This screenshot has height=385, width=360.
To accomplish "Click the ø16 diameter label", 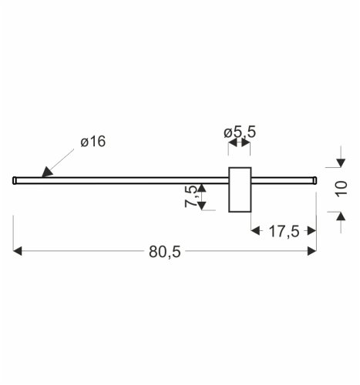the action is [x=93, y=142].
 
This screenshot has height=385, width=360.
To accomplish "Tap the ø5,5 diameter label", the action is [x=240, y=132].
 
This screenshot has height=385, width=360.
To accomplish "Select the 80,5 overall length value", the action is [x=165, y=252].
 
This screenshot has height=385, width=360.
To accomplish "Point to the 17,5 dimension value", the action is [x=284, y=231].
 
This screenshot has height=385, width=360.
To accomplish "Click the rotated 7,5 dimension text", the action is [x=191, y=196].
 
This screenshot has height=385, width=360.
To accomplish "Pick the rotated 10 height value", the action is [x=341, y=189].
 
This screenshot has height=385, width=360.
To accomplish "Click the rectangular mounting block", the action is [x=240, y=189].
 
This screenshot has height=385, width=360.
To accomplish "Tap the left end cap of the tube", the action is [x=15, y=180].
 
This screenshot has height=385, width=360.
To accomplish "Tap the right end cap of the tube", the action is [x=315, y=180].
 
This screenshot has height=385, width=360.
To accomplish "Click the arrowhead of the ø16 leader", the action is [x=46, y=172].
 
